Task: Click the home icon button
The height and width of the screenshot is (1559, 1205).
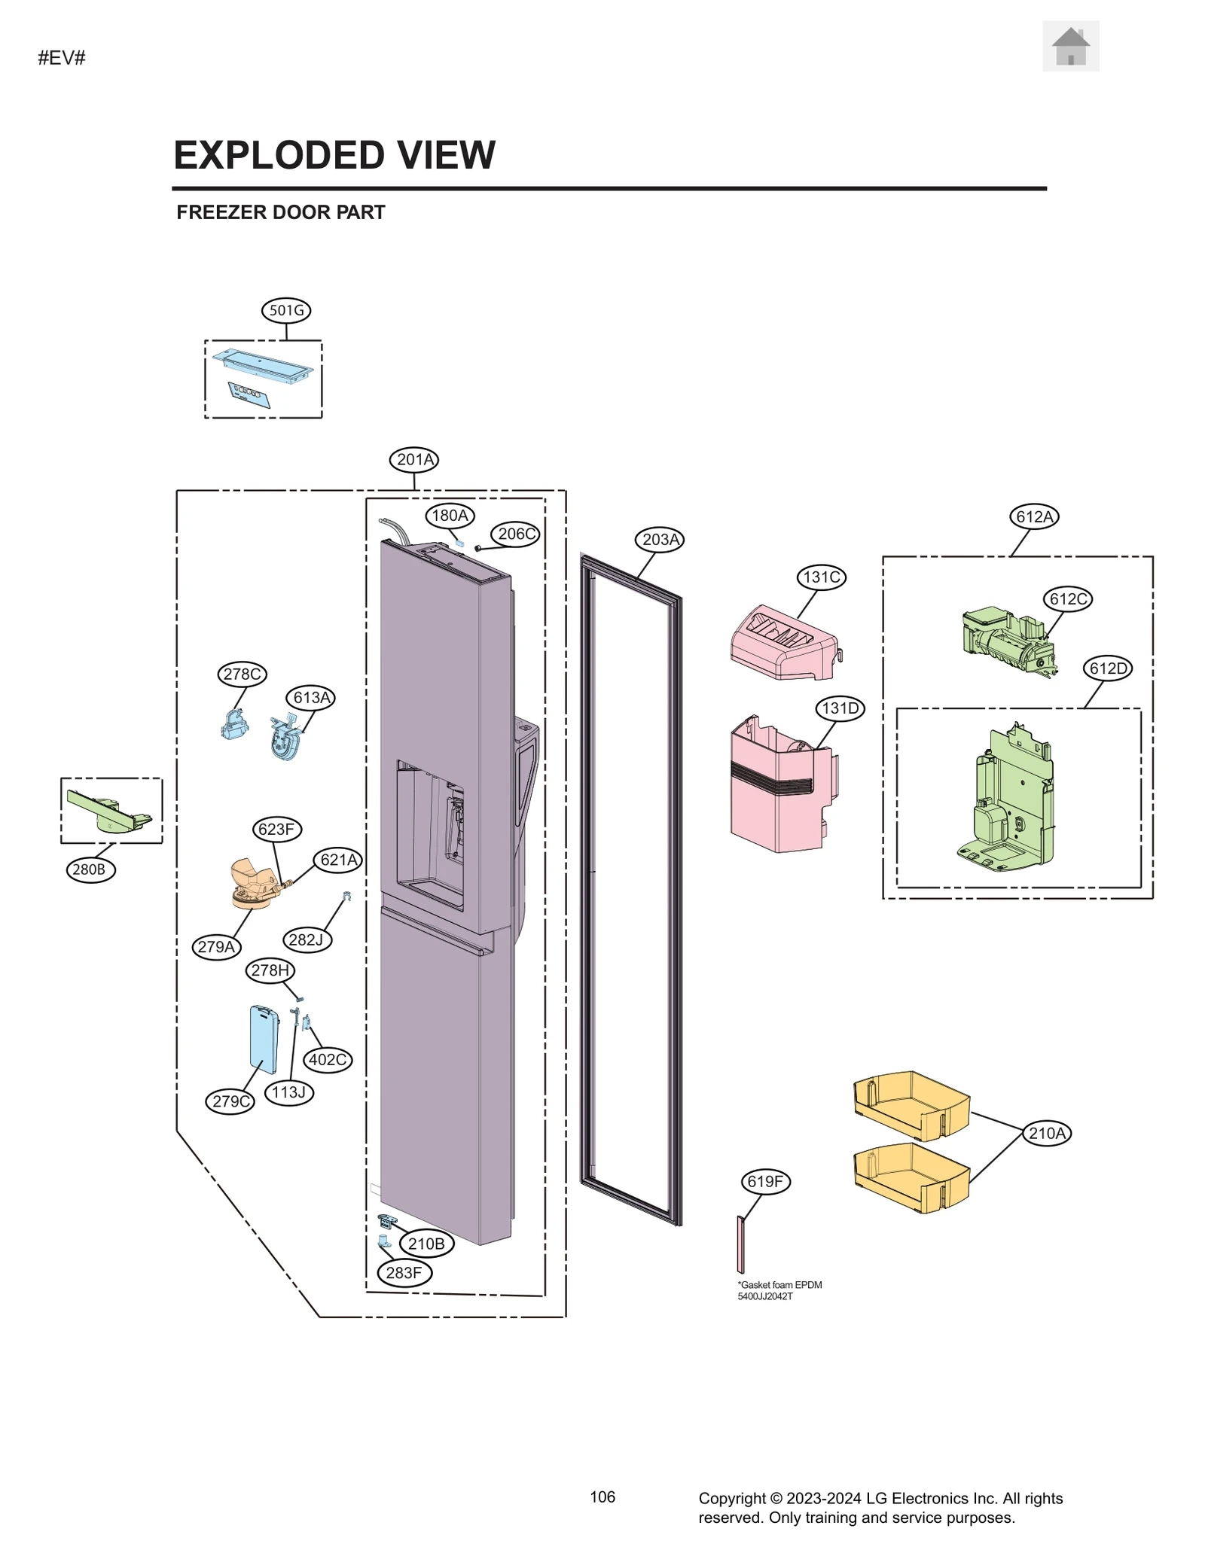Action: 1070,47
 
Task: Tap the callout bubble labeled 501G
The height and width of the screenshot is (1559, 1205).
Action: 286,310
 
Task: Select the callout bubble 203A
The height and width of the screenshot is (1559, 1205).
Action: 660,539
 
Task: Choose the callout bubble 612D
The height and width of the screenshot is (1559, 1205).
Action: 1108,668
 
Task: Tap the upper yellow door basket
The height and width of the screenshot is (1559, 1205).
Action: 911,1105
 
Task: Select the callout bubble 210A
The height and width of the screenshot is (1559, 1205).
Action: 1047,1133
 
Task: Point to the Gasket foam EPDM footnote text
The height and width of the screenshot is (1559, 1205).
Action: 779,1290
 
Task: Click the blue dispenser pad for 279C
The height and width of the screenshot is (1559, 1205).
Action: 264,1039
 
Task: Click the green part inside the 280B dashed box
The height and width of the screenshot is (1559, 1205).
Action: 110,812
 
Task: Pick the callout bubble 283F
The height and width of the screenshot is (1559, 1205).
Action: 404,1273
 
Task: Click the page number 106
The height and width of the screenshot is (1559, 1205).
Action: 602,1497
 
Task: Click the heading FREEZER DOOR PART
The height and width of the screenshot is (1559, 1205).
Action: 280,212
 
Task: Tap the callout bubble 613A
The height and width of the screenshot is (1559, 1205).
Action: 311,697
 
